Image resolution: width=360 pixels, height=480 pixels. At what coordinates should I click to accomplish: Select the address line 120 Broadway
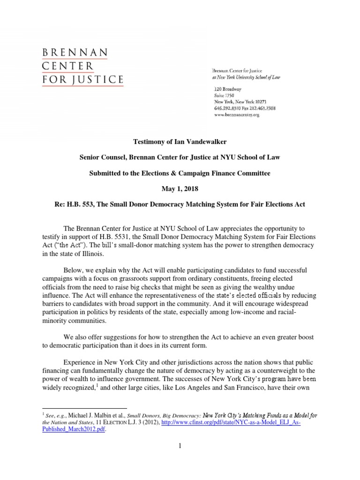[228, 89]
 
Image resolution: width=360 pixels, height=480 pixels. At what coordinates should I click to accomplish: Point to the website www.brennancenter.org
[237, 114]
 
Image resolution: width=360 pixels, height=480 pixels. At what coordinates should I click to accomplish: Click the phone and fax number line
[244, 108]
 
